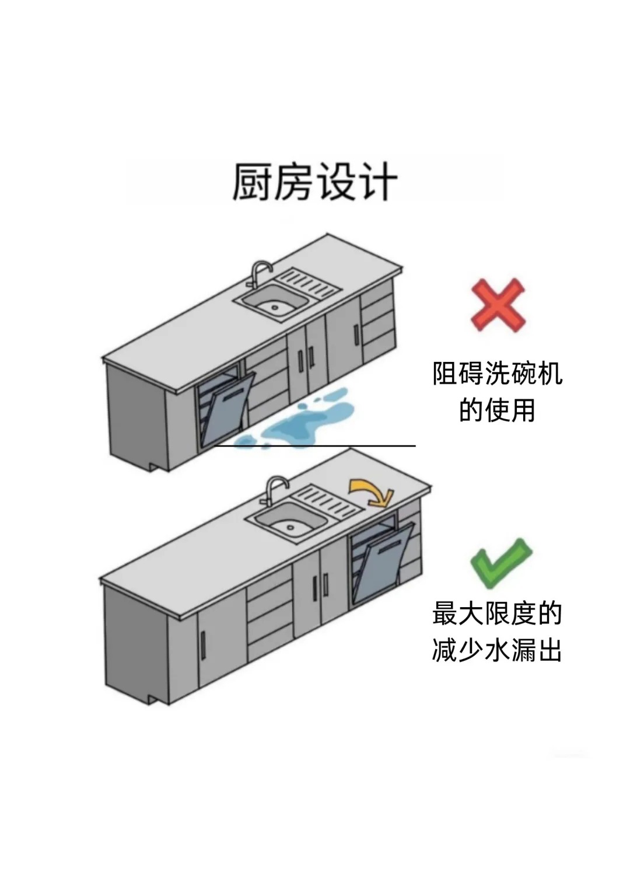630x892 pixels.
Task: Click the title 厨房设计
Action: point(315,182)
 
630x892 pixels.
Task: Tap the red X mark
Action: point(498,305)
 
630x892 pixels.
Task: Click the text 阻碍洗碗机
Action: point(497,374)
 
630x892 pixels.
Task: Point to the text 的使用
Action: point(497,410)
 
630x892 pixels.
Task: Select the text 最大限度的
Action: point(497,614)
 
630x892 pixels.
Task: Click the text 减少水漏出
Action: point(497,650)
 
